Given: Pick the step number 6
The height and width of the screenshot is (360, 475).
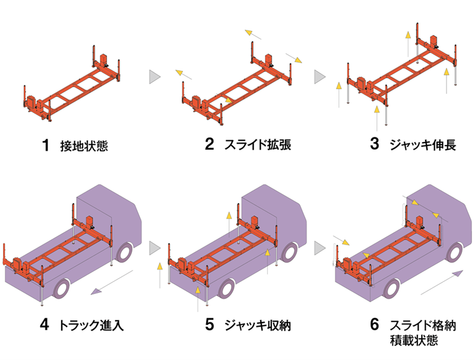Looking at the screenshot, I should tap(374, 325).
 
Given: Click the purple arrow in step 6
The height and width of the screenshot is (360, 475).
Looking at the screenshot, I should tap(440, 283).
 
